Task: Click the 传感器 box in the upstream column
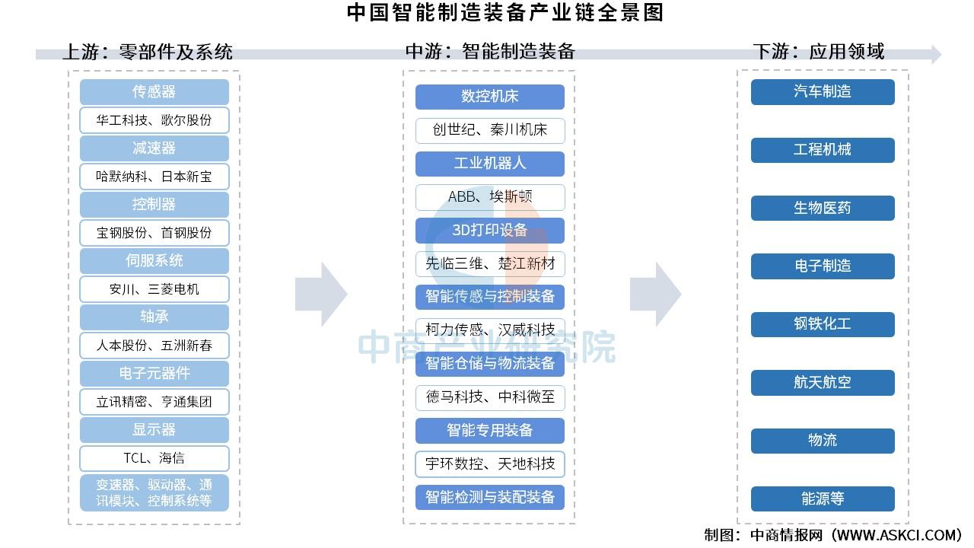coord(154,92)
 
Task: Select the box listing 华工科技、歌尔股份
coord(154,120)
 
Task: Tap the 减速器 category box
coord(154,148)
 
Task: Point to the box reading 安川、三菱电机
coord(154,289)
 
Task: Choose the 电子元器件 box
coord(154,374)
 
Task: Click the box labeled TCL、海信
coord(154,458)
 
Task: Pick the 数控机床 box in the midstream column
coord(490,97)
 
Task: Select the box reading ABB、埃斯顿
coord(490,197)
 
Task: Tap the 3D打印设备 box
coord(490,231)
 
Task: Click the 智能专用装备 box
coord(490,431)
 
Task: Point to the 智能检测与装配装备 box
coord(490,498)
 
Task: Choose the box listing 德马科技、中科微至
coord(490,397)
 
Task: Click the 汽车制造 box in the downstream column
coord(823,92)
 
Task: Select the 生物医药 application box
coord(823,209)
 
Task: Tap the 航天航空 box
coord(823,383)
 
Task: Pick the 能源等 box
coord(823,499)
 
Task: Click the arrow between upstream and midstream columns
coord(321,295)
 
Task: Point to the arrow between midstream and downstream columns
coord(656,295)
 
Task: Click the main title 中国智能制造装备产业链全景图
coord(505,13)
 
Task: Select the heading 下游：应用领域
coord(819,52)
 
